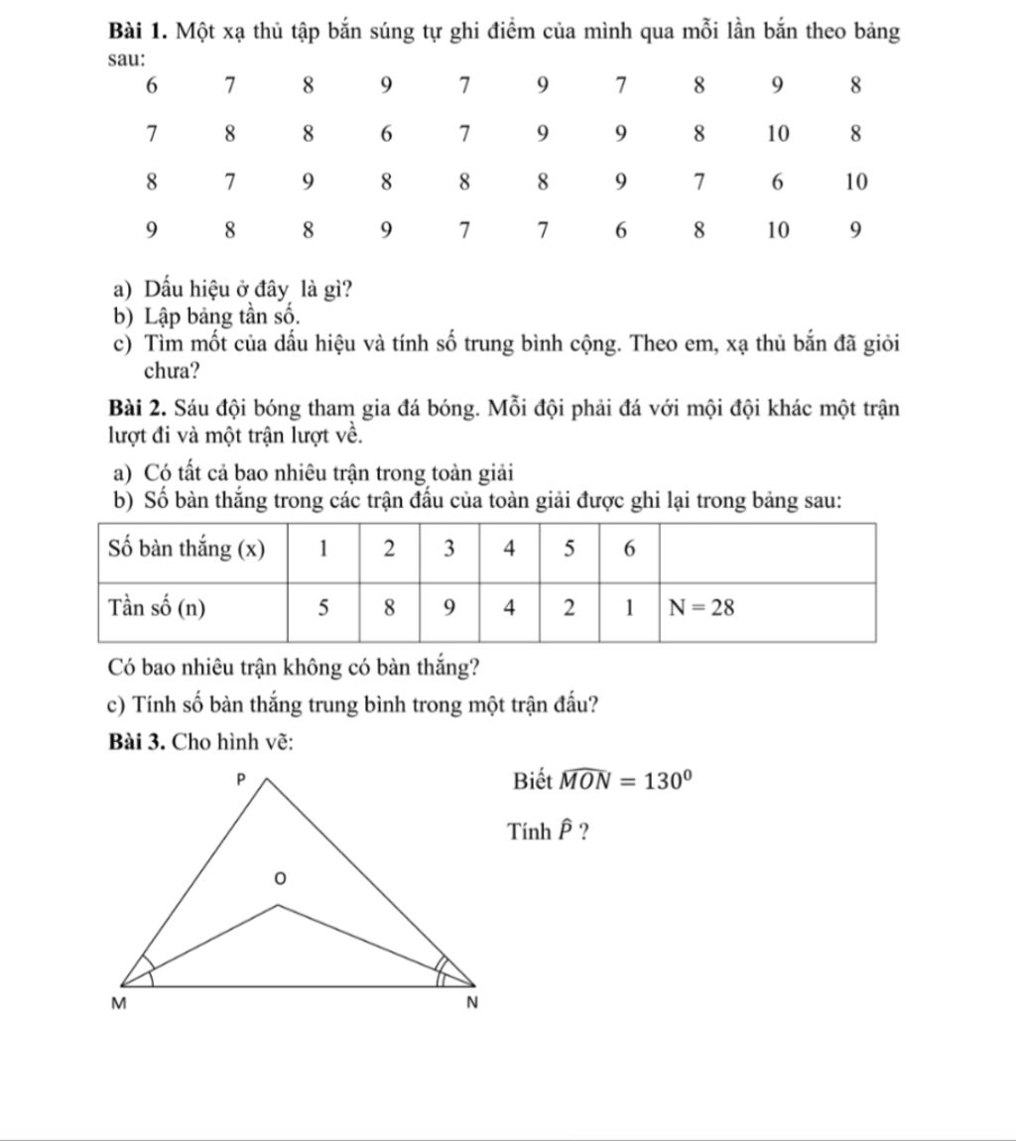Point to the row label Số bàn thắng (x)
185,552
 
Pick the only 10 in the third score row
856,182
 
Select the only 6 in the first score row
150,85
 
